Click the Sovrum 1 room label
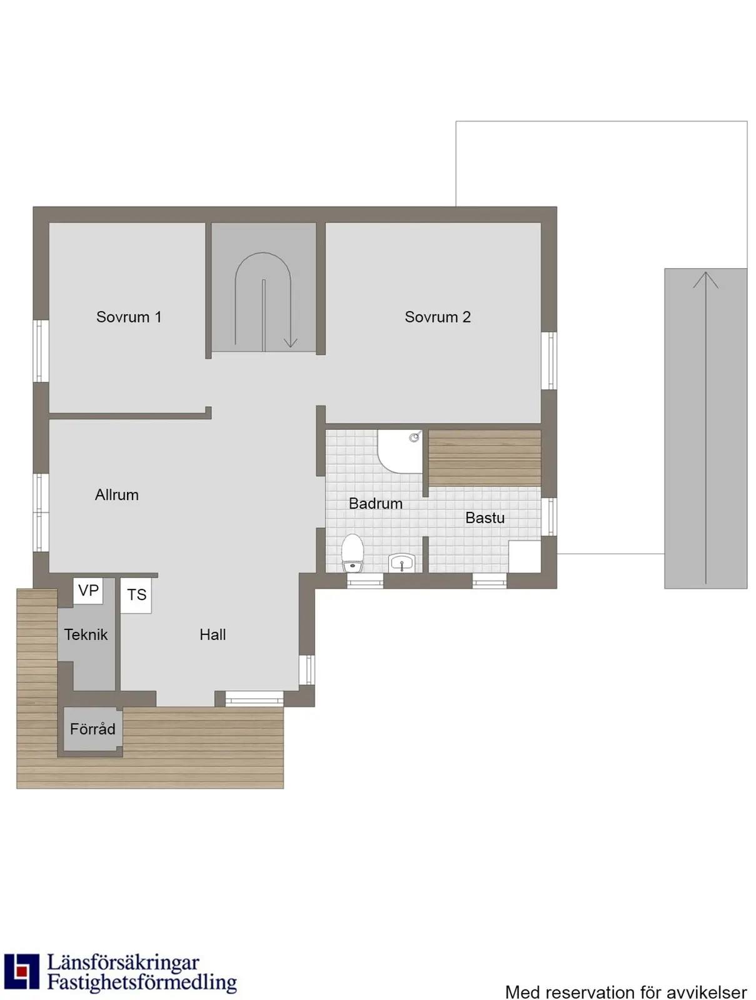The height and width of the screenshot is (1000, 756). pos(129,317)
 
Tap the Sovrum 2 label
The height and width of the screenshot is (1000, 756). pos(437,317)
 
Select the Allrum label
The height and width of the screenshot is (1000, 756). pos(117,494)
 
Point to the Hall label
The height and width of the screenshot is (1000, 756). pos(213,634)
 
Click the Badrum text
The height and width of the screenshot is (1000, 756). pos(375,503)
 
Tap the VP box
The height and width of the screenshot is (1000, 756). pos(88,591)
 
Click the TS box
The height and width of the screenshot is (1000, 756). pos(136,594)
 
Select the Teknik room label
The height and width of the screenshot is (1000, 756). pos(86,634)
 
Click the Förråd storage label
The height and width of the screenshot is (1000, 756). pos(92,729)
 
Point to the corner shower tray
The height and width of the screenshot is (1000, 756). pos(399,451)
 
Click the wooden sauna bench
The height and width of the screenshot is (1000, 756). pos(485,457)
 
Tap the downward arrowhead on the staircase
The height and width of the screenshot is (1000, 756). pos(290,343)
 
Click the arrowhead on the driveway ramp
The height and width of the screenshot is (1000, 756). pos(705,280)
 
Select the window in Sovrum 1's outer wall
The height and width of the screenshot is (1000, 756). pos(41,351)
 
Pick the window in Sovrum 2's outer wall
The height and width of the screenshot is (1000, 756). pos(548,361)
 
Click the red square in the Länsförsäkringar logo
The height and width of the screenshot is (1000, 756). pos(21,970)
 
